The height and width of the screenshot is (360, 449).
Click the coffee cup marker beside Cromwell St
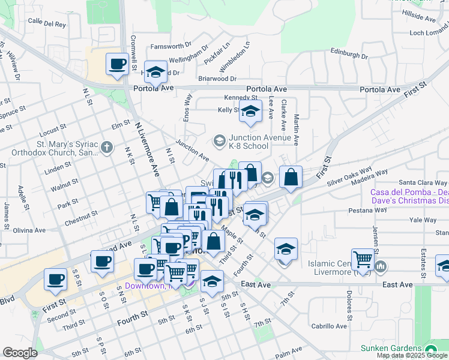117,64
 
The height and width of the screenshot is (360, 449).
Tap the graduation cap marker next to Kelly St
250,111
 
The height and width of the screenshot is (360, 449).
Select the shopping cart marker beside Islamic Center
363,259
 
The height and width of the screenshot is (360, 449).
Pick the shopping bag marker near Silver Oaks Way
291,177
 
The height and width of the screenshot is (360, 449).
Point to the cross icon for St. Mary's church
106,148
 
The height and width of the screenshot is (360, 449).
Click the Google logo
20,352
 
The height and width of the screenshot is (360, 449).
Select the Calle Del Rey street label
47,23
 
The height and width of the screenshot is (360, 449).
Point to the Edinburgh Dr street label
349,53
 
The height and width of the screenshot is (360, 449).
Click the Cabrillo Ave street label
329,326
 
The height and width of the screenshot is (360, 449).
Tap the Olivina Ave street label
29,230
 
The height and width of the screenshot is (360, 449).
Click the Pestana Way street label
366,211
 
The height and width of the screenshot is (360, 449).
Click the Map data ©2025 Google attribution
412,355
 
